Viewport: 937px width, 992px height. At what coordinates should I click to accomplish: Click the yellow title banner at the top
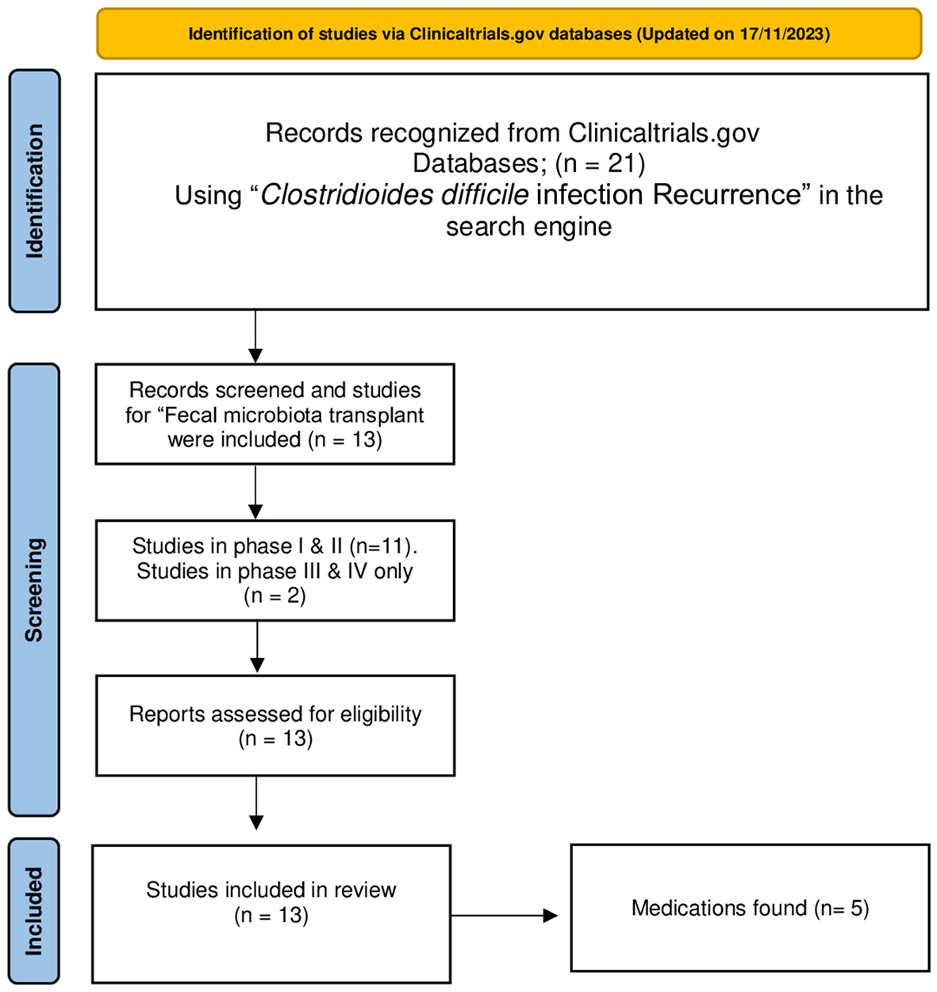(x=509, y=34)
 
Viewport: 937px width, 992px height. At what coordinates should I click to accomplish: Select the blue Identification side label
(x=34, y=191)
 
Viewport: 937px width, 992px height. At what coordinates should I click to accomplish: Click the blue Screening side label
(x=34, y=589)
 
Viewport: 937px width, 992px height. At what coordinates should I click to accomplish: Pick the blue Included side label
(x=34, y=910)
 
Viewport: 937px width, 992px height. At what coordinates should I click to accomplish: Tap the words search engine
(x=528, y=227)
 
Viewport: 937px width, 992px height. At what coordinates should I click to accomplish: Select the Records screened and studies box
(x=275, y=414)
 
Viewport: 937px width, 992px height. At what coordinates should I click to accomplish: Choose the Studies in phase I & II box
(x=275, y=570)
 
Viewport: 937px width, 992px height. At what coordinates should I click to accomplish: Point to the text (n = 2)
(x=275, y=596)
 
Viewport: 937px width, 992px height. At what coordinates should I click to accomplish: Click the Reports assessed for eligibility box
(x=275, y=725)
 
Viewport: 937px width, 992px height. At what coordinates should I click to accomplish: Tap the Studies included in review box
(x=271, y=913)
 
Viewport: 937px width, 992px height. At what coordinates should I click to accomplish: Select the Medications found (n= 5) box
(x=750, y=908)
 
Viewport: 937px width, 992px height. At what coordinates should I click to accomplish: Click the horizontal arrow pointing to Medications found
(x=505, y=916)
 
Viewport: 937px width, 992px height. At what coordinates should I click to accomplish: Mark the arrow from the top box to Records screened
(x=255, y=336)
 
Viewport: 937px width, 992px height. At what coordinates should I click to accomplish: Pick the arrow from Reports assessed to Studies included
(x=256, y=802)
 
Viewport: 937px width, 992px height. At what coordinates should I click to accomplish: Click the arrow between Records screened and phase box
(x=255, y=492)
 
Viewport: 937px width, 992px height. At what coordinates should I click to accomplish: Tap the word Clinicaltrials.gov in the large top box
(x=663, y=132)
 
